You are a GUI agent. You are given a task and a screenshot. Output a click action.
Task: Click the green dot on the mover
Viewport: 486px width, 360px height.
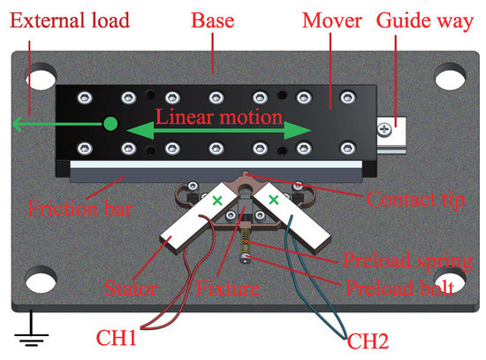110,125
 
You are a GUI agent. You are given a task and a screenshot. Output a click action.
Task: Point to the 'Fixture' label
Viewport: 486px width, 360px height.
229,287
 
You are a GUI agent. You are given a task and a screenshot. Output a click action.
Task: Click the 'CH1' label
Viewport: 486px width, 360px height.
127,337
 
